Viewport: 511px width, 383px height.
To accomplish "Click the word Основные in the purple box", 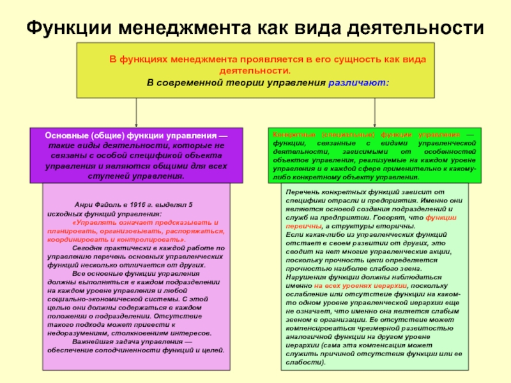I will point(66,136).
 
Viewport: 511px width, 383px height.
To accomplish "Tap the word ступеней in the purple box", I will point(104,176).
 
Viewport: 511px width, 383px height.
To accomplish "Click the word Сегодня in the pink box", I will point(88,247).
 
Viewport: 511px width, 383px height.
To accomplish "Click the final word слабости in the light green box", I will point(304,363).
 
